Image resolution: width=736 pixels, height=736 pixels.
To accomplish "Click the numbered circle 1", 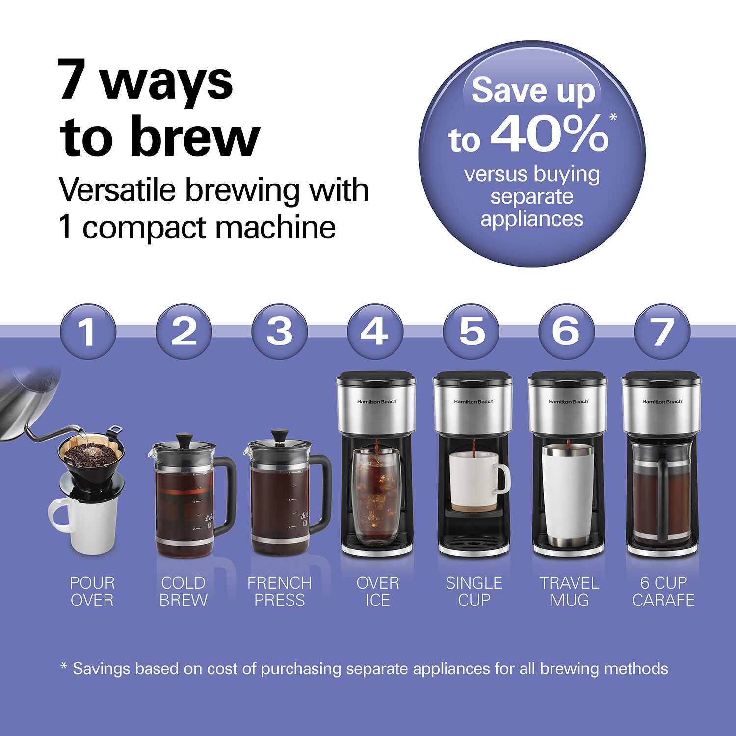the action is [88, 332].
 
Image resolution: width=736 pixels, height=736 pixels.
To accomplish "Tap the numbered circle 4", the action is [375, 332].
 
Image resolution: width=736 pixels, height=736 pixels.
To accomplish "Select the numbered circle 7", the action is [662, 332].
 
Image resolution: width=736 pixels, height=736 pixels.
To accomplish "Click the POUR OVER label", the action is [92, 591].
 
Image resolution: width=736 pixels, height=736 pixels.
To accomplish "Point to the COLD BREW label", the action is [184, 591].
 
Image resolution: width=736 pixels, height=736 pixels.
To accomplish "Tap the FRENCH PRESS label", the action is [280, 591].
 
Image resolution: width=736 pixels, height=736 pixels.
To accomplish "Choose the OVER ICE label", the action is [378, 591].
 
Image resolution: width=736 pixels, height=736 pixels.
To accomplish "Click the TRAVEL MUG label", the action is [570, 591].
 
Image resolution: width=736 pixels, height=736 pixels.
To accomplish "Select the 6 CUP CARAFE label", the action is [664, 591].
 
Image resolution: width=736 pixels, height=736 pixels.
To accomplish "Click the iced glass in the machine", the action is [377, 497].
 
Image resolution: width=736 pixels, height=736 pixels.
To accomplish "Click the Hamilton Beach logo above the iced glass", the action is [377, 402].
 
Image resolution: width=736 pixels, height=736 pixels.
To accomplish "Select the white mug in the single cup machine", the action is [478, 481].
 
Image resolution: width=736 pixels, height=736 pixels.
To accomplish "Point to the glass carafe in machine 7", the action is [662, 491].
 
